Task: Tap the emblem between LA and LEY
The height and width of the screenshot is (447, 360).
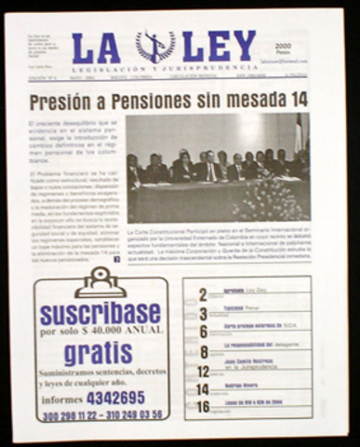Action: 155,46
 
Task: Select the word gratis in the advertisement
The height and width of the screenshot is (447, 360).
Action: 100,353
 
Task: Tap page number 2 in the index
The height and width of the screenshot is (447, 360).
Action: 203,294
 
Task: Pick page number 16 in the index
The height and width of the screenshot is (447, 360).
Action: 204,407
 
